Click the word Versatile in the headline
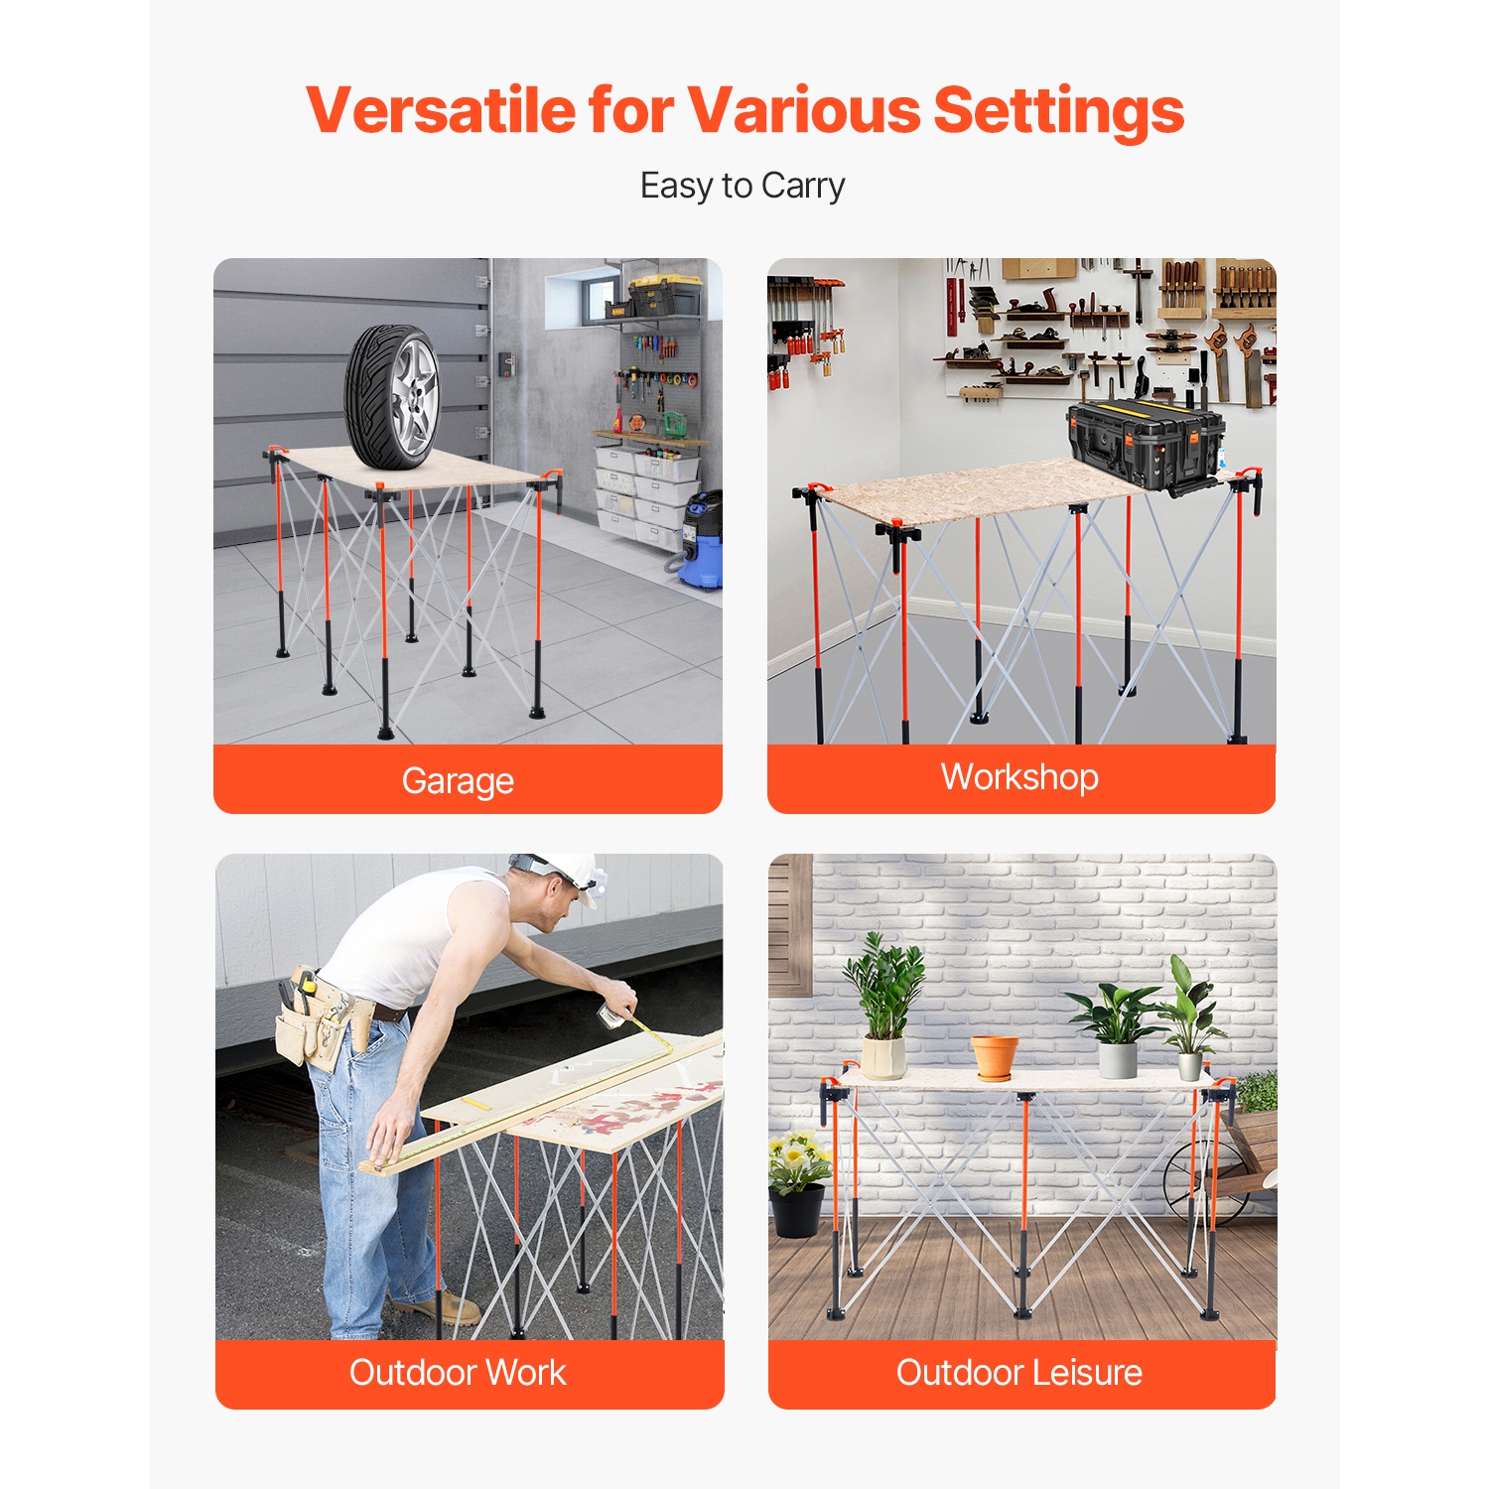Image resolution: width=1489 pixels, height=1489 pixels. click(x=440, y=109)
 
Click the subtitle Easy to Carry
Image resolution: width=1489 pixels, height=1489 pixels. click(x=743, y=186)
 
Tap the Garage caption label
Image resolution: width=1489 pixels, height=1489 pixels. click(x=458, y=780)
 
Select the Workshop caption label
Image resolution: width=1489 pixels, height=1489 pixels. click(x=1019, y=776)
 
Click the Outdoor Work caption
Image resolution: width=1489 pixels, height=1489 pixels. click(x=458, y=1372)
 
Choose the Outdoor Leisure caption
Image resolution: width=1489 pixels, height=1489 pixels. click(x=1019, y=1372)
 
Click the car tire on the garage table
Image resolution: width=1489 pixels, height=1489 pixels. click(x=392, y=397)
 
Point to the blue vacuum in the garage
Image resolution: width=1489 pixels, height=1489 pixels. click(x=703, y=541)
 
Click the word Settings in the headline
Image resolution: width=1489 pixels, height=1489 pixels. click(x=1058, y=109)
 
